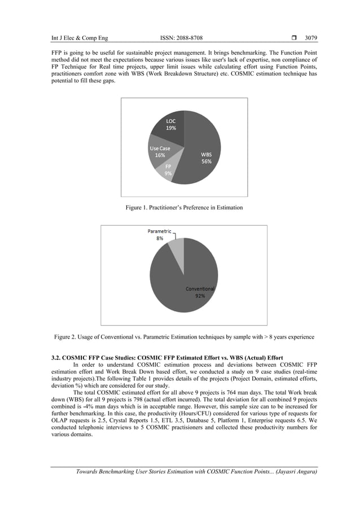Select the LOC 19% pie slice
(x=170, y=126)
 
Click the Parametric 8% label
(x=160, y=235)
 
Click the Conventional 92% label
(x=200, y=292)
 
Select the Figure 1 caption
(x=184, y=208)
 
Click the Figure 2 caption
(x=184, y=337)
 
